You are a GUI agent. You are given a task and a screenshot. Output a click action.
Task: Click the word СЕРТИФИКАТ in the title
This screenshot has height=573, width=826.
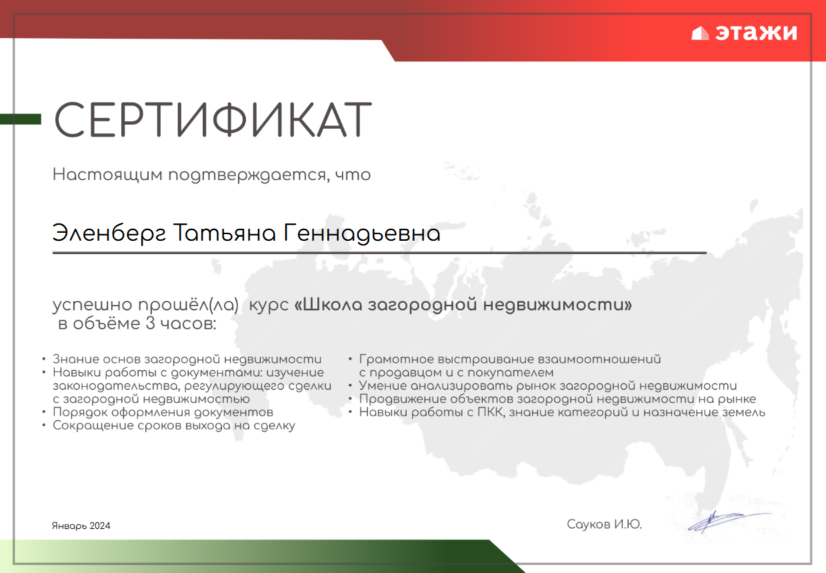click(213, 119)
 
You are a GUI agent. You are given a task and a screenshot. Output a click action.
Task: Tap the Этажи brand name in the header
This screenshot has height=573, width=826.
click(756, 33)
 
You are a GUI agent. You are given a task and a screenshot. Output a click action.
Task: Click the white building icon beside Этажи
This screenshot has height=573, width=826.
click(700, 33)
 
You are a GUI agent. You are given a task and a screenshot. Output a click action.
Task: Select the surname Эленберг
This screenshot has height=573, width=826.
click(109, 234)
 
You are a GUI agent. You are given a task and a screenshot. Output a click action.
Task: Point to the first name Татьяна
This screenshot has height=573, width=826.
click(224, 233)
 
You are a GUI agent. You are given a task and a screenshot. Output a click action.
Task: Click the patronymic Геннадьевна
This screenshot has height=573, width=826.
click(362, 234)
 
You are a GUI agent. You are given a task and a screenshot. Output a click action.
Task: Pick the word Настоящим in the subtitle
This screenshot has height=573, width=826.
click(107, 175)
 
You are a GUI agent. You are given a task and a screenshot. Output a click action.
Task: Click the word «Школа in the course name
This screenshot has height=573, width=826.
click(328, 305)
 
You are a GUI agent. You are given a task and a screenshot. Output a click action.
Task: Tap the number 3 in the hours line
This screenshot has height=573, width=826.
click(150, 324)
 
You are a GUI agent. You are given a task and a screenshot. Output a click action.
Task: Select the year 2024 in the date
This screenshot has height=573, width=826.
click(100, 526)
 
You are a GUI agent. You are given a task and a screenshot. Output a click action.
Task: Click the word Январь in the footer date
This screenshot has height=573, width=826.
click(69, 526)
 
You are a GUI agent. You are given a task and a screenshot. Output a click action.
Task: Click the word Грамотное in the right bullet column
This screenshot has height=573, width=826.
click(397, 359)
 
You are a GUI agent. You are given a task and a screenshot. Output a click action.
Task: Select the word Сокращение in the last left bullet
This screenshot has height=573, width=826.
click(93, 426)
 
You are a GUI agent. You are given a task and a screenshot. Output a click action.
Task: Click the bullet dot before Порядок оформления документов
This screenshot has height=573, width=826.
click(44, 412)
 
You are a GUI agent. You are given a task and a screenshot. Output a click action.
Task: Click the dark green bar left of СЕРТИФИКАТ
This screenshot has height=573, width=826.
click(21, 119)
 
